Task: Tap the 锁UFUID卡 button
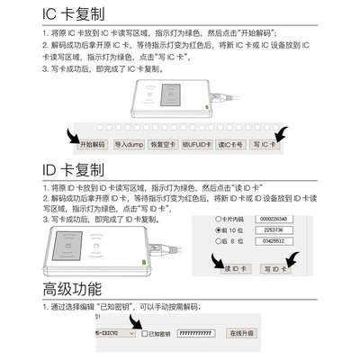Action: point(205,144)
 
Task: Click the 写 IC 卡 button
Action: point(267,144)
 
